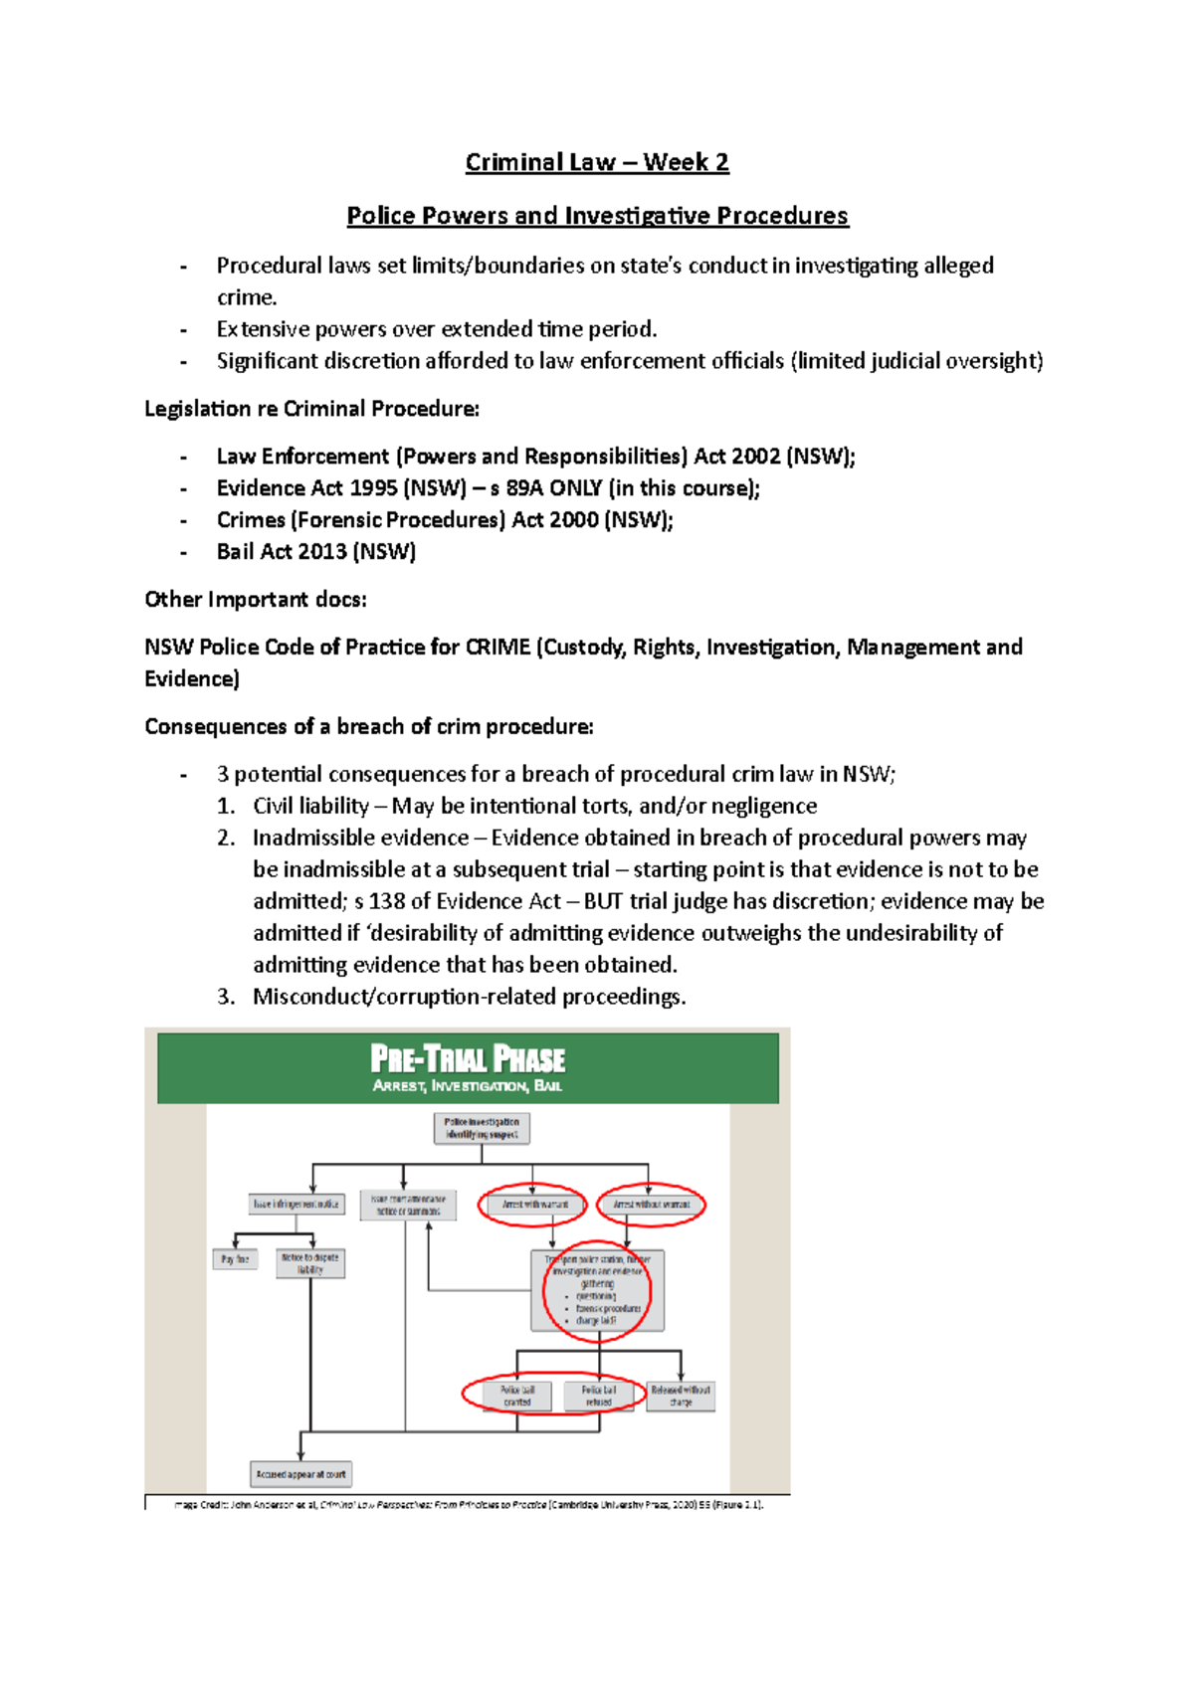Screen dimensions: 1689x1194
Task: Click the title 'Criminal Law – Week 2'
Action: (597, 162)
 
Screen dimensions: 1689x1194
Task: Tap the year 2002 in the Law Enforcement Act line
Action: (756, 457)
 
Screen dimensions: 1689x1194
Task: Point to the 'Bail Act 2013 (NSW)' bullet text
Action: (316, 552)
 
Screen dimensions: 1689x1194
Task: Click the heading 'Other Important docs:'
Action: (256, 600)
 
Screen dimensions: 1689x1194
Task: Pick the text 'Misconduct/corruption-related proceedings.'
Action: (469, 997)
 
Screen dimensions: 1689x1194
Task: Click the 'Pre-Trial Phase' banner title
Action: (468, 1059)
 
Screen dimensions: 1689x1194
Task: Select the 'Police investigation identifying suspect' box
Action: (482, 1128)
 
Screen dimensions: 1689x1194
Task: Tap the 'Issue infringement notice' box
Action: (297, 1204)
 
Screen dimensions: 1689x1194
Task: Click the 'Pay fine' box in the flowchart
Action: (236, 1259)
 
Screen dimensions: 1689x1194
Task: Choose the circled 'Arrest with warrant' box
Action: (534, 1205)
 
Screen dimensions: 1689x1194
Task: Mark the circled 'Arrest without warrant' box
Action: (651, 1205)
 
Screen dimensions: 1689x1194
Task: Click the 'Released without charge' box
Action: (681, 1396)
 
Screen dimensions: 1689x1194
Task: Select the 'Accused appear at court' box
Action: (300, 1474)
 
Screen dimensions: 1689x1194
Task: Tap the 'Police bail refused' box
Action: (598, 1396)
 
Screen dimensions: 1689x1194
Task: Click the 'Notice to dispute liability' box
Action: (310, 1263)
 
